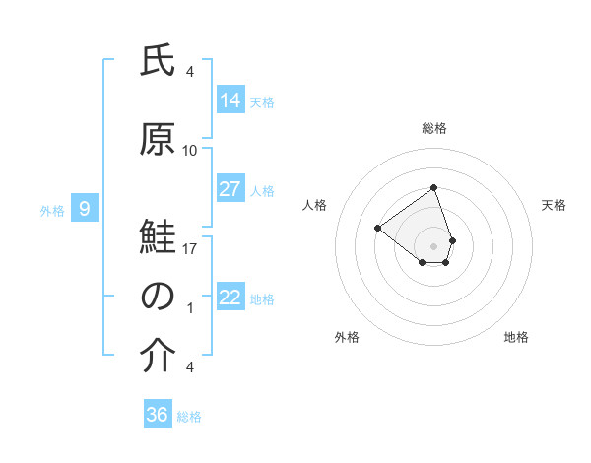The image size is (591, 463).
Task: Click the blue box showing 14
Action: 230,99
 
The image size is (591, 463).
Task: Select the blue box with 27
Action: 230,189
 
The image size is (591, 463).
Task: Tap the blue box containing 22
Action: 230,298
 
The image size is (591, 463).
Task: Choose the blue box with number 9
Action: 85,209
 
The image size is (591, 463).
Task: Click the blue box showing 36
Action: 158,415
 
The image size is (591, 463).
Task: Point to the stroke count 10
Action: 190,151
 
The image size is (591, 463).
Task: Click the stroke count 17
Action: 190,249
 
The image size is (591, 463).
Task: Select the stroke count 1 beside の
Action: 190,308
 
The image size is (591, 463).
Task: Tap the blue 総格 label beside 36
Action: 189,417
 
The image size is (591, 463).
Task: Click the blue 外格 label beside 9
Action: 52,210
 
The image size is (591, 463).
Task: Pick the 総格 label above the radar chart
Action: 433,128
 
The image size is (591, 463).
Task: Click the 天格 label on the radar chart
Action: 555,205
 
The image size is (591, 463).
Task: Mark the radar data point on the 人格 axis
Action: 377,228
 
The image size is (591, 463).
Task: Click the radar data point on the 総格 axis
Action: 433,187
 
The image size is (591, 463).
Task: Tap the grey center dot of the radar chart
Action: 433,245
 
